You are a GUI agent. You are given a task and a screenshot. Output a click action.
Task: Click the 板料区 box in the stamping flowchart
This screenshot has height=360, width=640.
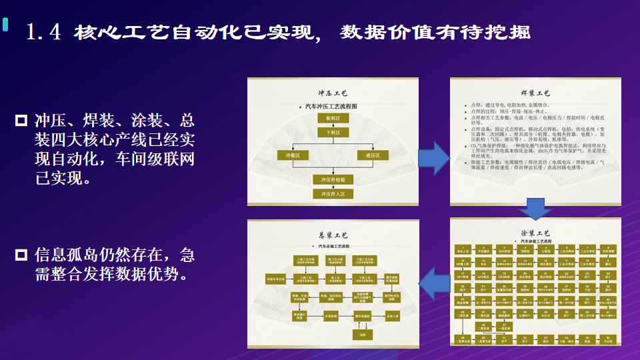coord(333,118)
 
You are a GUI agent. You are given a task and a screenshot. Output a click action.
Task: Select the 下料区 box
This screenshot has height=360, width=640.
coord(333,133)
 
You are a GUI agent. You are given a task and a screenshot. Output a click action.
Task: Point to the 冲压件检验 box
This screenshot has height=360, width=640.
coord(333,179)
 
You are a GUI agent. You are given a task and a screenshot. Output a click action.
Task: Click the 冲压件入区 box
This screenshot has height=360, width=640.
coord(333,194)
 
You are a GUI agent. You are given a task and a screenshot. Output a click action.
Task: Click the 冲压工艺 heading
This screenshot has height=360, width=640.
coord(333,94)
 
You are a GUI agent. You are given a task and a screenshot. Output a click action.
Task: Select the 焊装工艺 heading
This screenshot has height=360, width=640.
coord(535,93)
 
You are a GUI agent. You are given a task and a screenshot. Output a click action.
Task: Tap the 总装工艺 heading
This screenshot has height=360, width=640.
coord(333,235)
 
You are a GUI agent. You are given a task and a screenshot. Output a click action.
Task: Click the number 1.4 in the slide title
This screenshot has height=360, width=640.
coord(43,31)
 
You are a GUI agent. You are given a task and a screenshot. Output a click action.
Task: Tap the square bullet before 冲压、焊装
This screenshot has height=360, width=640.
coord(21,121)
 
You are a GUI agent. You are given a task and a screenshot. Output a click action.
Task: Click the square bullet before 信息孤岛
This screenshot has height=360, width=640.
coord(21,254)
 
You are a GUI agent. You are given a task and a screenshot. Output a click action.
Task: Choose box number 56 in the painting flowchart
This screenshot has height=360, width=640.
coord(608,339)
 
